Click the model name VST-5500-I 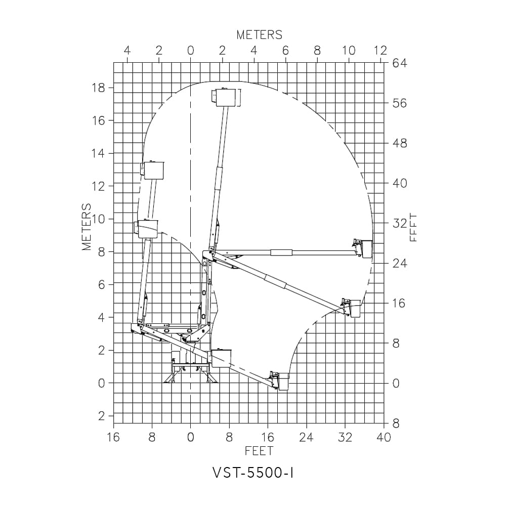click(253, 473)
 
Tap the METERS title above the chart click(259, 35)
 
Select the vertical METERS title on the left click(87, 227)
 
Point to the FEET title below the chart click(259, 451)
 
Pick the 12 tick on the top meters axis click(380, 51)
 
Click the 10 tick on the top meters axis click(349, 51)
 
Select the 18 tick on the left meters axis click(98, 88)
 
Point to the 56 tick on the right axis click(400, 103)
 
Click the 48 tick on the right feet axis click(400, 143)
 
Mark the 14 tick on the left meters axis click(98, 153)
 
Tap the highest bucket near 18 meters click(226, 98)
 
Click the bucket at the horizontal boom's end click(364, 248)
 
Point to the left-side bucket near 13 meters click(153, 171)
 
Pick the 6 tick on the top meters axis click(285, 51)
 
